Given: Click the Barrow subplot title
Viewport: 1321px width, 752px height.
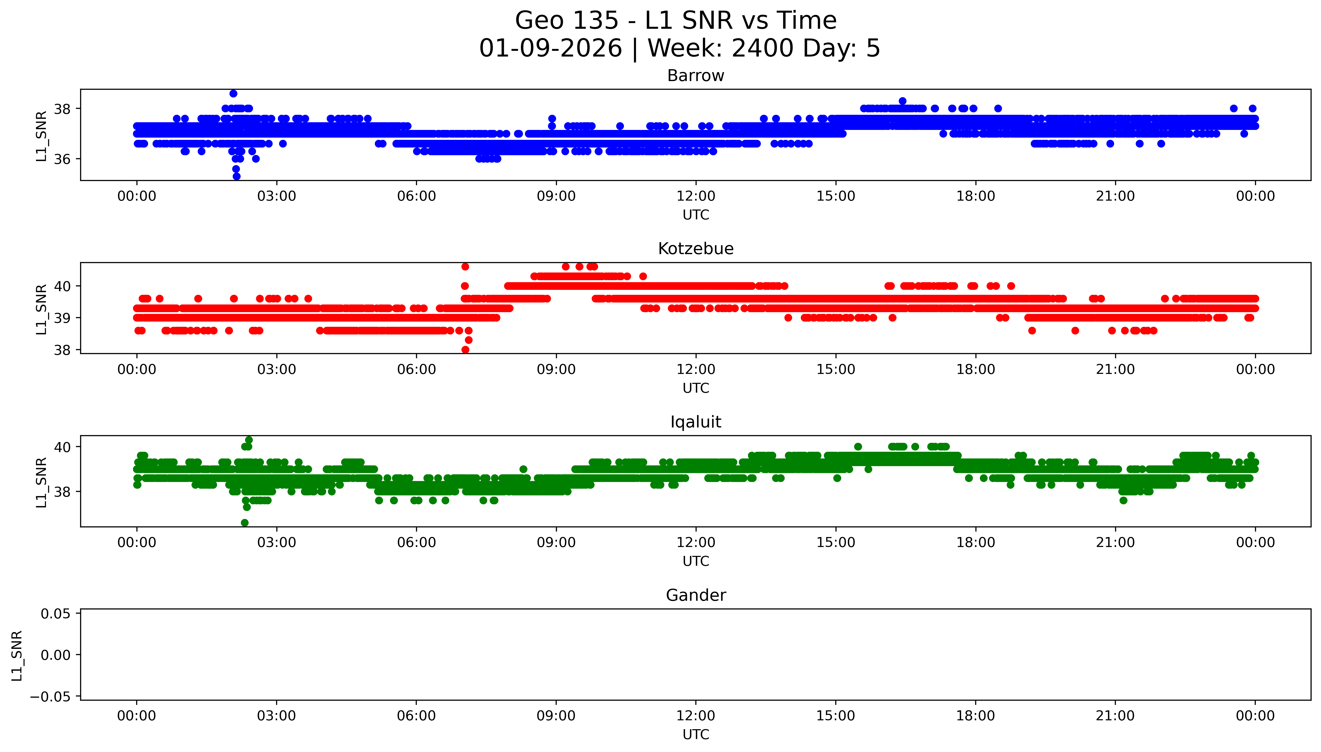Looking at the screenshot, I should click(695, 76).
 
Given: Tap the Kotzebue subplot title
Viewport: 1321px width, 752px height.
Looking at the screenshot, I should click(695, 249).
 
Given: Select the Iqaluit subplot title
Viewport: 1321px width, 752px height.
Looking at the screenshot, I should click(695, 422).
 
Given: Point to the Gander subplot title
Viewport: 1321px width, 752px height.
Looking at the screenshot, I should click(695, 596).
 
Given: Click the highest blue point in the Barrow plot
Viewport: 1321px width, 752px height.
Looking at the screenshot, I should click(233, 93).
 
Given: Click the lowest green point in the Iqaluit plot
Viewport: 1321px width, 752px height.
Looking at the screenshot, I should click(245, 523).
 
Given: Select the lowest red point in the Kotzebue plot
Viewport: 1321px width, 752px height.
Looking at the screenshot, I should click(465, 350).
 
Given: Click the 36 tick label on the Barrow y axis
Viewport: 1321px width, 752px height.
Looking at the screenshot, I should click(63, 159).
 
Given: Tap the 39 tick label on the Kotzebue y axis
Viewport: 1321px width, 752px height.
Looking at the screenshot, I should click(63, 318).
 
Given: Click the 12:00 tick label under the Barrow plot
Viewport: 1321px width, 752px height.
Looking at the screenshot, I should click(696, 196).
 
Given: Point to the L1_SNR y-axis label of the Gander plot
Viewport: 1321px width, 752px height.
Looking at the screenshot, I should click(17, 655).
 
